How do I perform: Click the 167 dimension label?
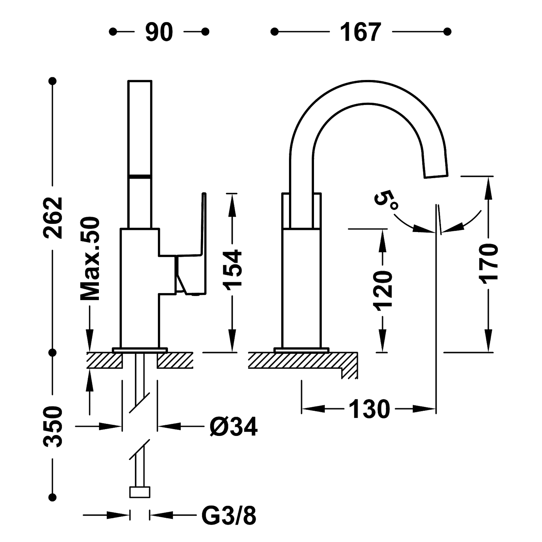360,32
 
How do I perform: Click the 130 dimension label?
369,409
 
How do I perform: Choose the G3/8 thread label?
229,516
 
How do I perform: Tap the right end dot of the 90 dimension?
205,32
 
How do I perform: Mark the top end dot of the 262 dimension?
53,81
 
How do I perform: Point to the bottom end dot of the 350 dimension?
53,497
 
